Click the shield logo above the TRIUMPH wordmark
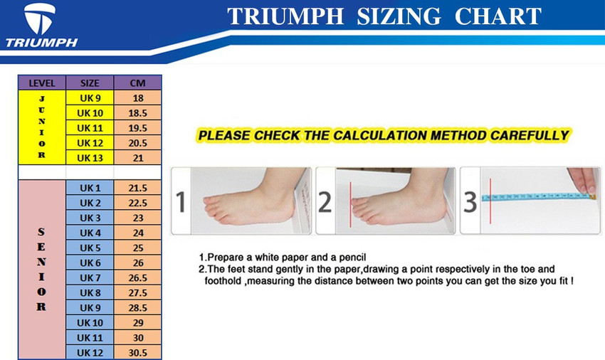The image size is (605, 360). pos(39,18)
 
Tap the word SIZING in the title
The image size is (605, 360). pos(399,16)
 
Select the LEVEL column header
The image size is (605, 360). pos(42,83)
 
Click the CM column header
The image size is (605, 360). pos(138,83)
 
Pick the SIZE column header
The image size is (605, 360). pos(90,83)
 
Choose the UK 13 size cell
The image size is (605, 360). pos(90,158)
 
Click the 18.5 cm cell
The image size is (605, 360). pos(138,113)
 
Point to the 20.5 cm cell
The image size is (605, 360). pos(138,143)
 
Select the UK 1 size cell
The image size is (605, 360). pos(90,188)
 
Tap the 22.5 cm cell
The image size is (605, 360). pos(138,203)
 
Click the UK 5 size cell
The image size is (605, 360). pos(90,248)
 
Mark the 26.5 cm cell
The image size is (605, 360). pos(138,277)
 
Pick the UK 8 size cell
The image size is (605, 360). pos(90,293)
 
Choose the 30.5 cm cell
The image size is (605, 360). pos(138,353)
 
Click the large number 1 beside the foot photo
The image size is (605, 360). pos(181,202)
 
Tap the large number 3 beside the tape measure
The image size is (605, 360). pos(470,202)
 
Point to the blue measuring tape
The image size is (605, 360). pos(537,197)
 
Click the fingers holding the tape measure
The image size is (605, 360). pos(584,181)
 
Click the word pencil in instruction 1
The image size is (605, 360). pos(352,258)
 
